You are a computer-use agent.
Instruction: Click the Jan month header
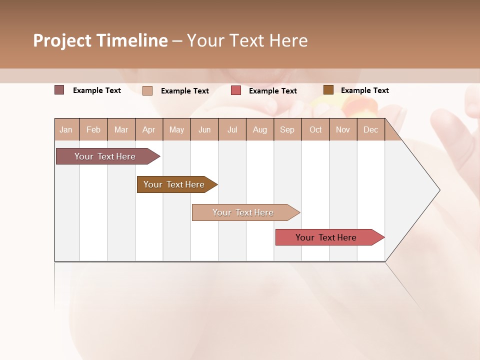click(x=66, y=129)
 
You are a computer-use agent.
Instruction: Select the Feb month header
click(x=93, y=129)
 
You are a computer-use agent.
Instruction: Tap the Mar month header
click(x=121, y=129)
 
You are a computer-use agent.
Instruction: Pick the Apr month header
click(x=149, y=129)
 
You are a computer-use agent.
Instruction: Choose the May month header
click(x=176, y=129)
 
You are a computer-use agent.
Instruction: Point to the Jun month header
click(x=204, y=129)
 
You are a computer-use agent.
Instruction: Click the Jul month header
click(x=232, y=129)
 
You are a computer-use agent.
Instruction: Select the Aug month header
click(x=260, y=129)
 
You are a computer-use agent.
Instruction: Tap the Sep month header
click(x=287, y=129)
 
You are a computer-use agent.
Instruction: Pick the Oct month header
click(x=315, y=129)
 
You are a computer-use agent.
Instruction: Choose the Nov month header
click(x=343, y=129)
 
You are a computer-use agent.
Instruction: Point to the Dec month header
click(x=371, y=129)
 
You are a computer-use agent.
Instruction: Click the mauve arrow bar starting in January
click(x=105, y=156)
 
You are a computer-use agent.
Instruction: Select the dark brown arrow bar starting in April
click(x=174, y=184)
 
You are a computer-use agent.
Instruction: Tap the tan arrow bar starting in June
click(x=243, y=212)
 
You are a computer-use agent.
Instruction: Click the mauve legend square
click(x=59, y=90)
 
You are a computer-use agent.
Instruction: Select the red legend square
click(x=236, y=90)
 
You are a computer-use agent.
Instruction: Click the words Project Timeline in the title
click(x=100, y=40)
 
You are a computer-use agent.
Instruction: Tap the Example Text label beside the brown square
click(x=364, y=90)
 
